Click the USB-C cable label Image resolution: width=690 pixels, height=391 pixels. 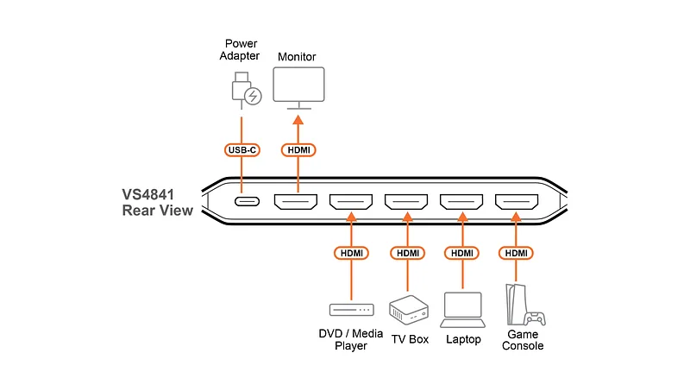242,149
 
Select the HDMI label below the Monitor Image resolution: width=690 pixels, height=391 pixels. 298,149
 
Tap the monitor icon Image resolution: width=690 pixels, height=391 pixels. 298,88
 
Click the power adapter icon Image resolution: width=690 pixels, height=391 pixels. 246,91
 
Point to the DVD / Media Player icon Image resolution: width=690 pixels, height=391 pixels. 352,310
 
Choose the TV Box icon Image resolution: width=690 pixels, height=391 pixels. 408,310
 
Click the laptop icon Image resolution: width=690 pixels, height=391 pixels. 462,310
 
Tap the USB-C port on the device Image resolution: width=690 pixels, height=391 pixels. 247,201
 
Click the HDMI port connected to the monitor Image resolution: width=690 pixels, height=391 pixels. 296,201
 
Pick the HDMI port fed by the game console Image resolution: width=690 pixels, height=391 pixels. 517,201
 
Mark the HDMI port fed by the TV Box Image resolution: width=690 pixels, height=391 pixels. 406,201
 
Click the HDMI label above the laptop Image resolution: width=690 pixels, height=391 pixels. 462,253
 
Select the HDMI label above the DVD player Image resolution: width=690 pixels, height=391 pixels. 352,253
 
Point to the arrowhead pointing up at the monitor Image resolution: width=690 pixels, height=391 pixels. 298,119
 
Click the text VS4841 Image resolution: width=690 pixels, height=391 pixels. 147,194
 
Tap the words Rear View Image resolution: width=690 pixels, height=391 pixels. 158,210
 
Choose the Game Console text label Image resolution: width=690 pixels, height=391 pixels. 523,340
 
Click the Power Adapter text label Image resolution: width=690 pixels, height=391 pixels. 240,50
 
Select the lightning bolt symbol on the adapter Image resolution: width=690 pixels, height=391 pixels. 253,96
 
